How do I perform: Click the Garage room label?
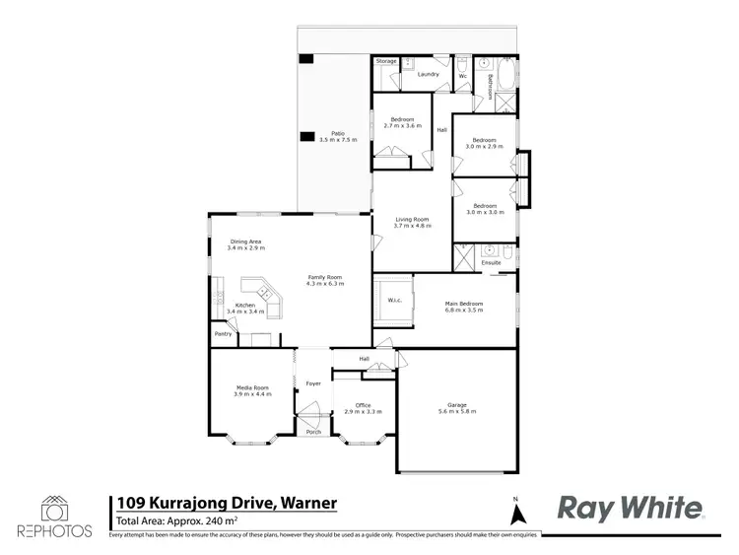tap(456, 405)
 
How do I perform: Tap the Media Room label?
tap(252, 388)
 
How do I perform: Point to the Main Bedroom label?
tap(464, 303)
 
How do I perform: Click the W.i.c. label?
tap(393, 300)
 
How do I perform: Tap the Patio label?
tap(338, 133)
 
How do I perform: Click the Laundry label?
tap(428, 74)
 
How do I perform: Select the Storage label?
tap(387, 61)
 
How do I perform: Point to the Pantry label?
tap(223, 334)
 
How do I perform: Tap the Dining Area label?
tap(245, 242)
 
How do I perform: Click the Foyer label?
tap(313, 382)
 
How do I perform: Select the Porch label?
tap(313, 432)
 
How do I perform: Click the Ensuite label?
tap(491, 263)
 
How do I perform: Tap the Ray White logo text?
tap(631, 508)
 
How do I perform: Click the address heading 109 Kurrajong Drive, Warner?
tap(227, 503)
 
